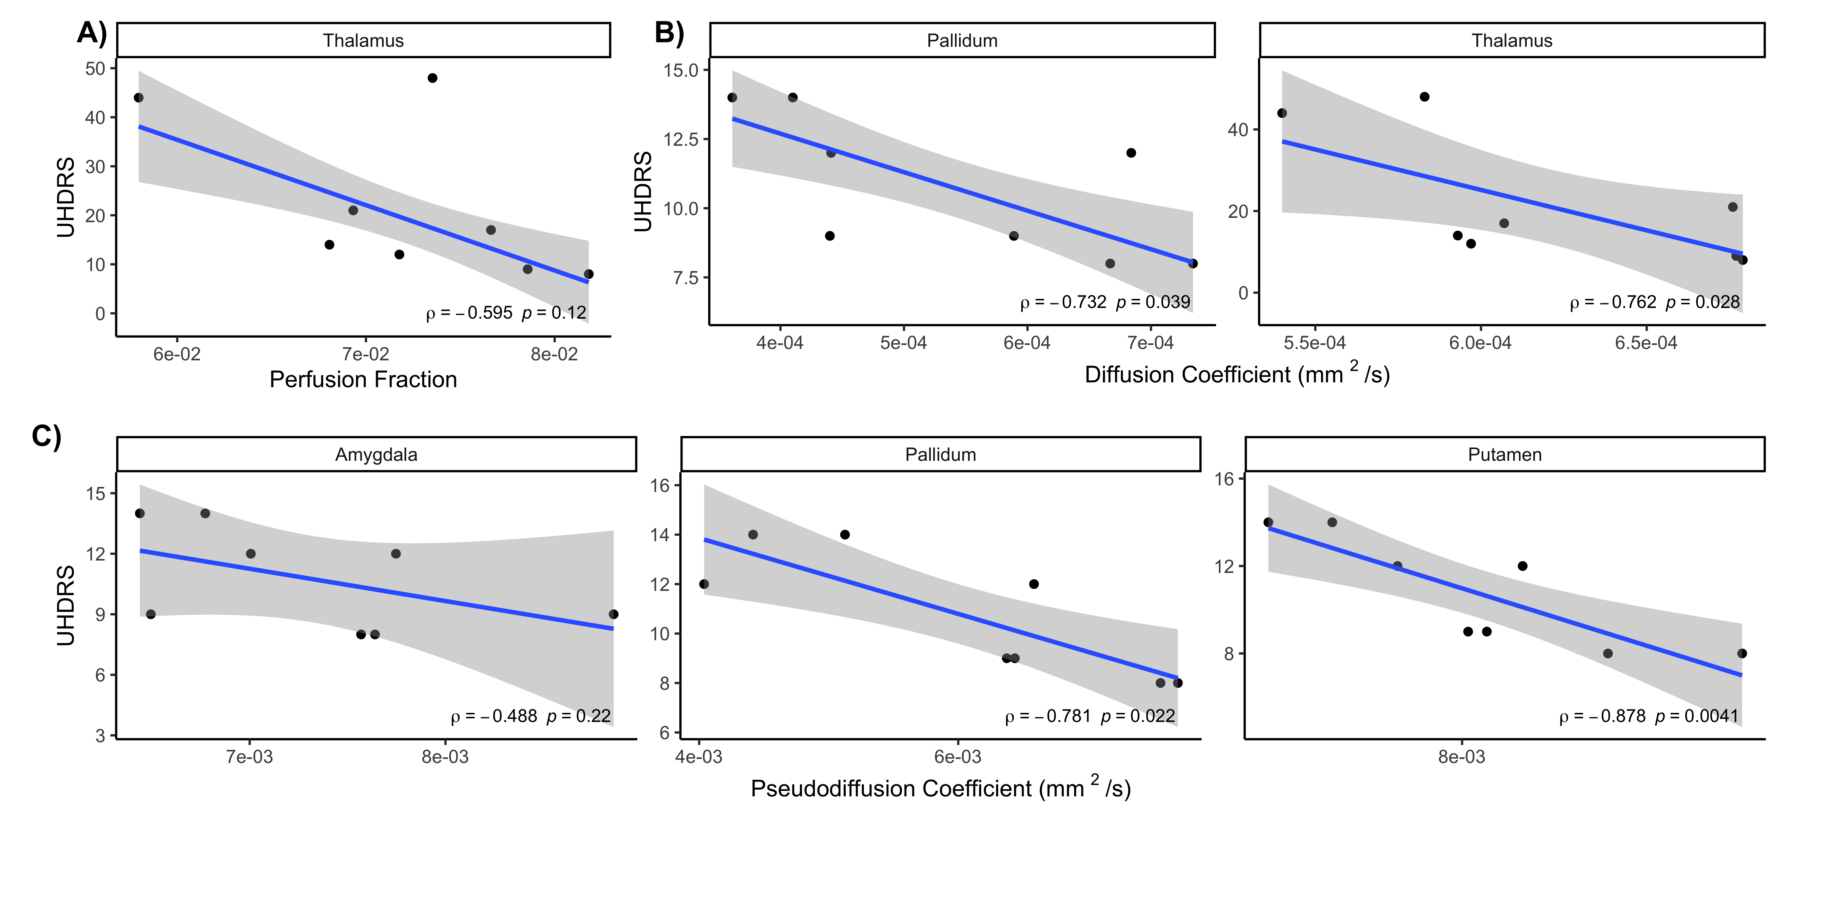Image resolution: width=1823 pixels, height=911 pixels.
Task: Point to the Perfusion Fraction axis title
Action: pos(363,380)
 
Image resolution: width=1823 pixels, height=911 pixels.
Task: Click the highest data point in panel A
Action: pos(432,78)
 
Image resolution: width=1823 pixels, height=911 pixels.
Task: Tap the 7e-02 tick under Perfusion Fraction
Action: pos(366,354)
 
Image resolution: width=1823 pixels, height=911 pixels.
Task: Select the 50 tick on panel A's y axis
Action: pos(95,69)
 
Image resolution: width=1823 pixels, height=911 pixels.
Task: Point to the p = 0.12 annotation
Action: pos(554,313)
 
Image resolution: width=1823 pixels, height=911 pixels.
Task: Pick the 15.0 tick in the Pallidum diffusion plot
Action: pos(681,70)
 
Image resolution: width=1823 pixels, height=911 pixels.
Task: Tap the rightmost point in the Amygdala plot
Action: pos(613,614)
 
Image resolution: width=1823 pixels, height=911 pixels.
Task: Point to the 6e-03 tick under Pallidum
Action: pos(958,757)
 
